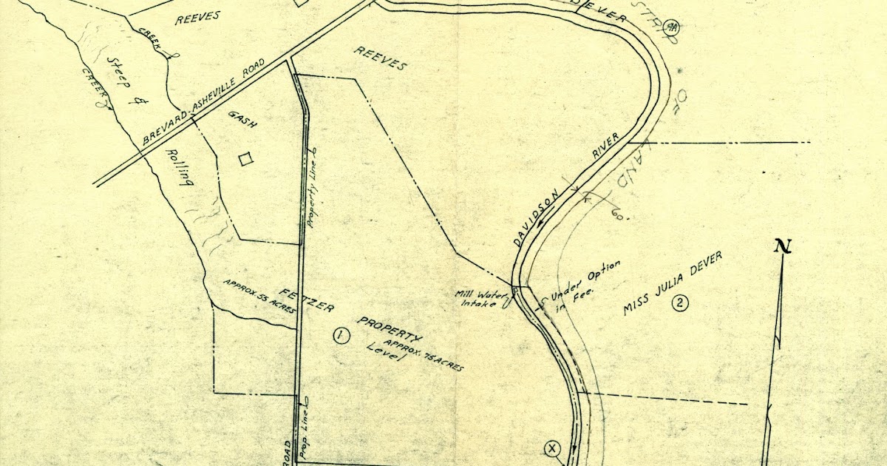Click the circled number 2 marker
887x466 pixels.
pyautogui.click(x=680, y=302)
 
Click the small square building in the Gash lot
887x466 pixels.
pyautogui.click(x=246, y=158)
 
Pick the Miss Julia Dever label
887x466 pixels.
pyautogui.click(x=670, y=283)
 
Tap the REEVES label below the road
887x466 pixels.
pyautogui.click(x=381, y=59)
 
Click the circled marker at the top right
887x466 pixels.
pyautogui.click(x=672, y=27)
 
